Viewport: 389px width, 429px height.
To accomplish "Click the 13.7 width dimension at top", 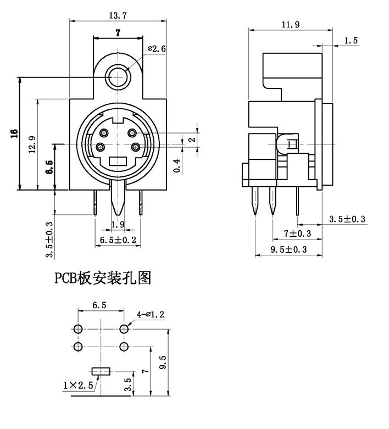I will [x=117, y=13].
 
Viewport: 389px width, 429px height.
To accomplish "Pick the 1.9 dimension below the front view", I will [x=118, y=224].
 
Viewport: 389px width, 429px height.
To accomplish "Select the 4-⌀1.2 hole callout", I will [x=151, y=314].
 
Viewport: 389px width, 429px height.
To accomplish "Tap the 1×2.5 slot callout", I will [x=79, y=386].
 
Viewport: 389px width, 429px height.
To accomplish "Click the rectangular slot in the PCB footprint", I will [x=101, y=371].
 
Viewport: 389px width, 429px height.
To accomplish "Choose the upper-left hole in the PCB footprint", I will [x=78, y=329].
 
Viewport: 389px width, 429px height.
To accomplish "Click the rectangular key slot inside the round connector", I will [x=118, y=161].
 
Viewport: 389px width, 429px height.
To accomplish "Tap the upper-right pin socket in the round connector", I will [x=132, y=132].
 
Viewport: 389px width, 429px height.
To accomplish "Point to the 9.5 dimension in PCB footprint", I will [x=163, y=363].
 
